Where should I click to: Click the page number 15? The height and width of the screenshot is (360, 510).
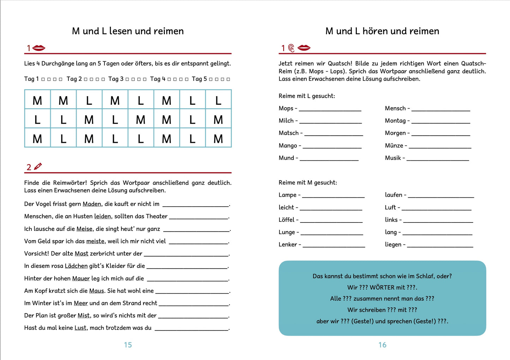coord(128,345)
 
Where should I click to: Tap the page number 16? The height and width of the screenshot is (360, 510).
coord(382,345)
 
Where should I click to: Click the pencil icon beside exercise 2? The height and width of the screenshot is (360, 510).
coord(38,166)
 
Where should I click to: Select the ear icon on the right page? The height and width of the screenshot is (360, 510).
coord(291,48)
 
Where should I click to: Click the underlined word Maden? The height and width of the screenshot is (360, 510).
coord(92,204)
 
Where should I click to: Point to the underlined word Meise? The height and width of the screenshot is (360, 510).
coord(84,229)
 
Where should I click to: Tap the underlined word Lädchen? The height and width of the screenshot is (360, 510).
coord(76,266)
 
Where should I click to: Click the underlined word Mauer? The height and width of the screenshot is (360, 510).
coord(81,279)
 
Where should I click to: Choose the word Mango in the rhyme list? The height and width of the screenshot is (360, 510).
coord(288,146)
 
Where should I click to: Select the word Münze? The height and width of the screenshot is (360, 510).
coord(394,146)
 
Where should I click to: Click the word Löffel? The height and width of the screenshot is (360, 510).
coord(286,220)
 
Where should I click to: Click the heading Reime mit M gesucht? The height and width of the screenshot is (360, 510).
coord(308,183)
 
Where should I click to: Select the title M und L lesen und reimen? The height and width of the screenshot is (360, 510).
coord(128,31)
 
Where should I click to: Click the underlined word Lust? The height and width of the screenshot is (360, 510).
coord(80,328)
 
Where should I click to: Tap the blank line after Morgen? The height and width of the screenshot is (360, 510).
coord(441,135)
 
